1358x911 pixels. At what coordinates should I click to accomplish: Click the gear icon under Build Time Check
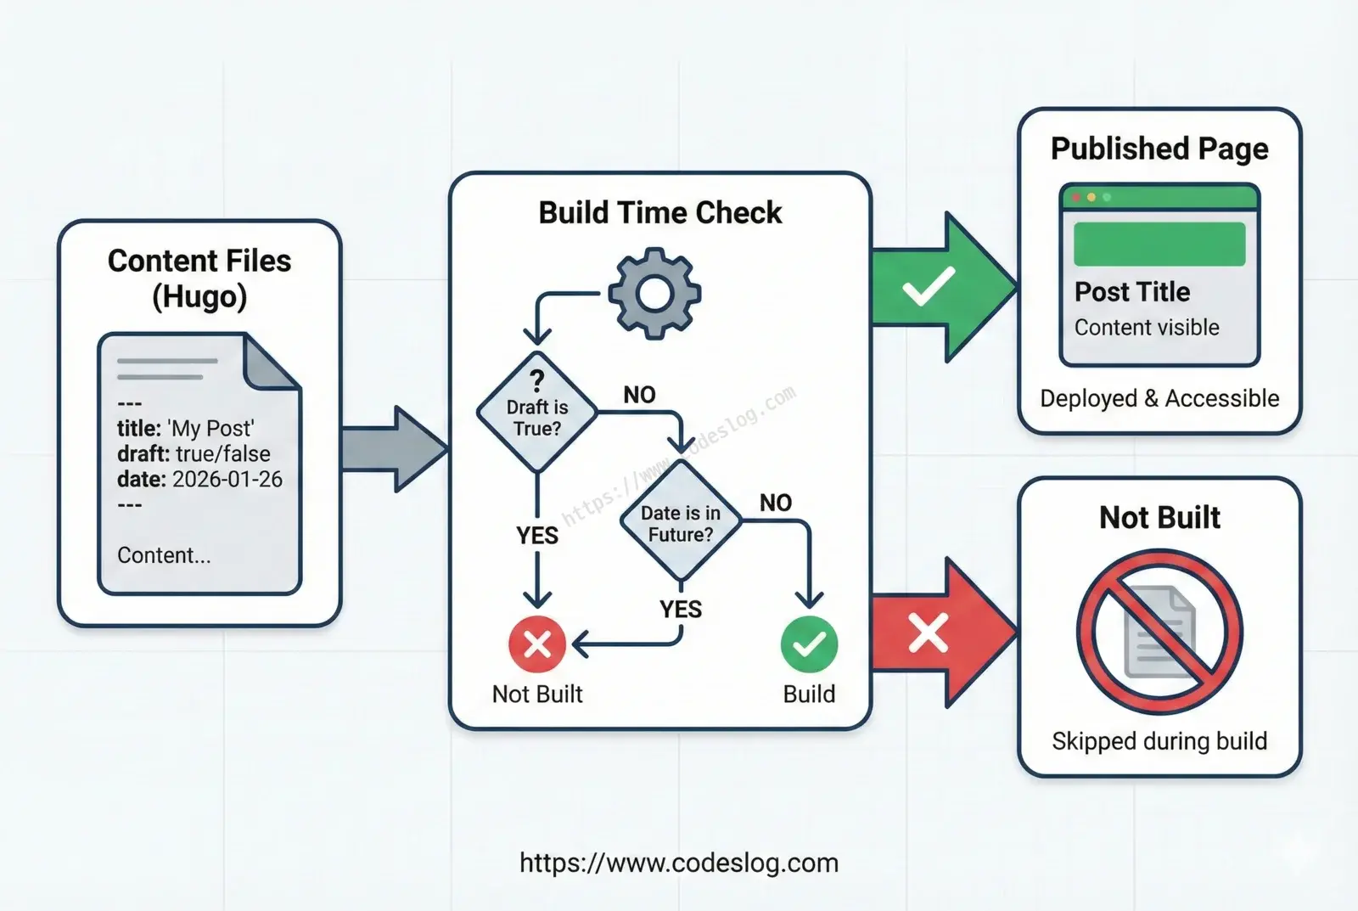654,294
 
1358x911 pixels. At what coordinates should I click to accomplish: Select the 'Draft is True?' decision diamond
537,412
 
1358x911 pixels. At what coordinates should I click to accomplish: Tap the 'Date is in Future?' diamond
681,520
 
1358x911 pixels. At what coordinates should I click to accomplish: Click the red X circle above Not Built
537,644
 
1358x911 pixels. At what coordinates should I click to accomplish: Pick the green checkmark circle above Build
810,644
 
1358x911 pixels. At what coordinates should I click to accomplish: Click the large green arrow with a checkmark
943,288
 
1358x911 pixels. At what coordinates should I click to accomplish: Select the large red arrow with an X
943,633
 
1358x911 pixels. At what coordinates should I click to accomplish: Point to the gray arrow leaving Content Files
395,449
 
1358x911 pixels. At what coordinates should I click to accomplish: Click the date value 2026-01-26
227,479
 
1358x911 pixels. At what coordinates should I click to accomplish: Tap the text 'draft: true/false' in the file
194,453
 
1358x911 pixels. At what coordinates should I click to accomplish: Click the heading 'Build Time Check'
660,213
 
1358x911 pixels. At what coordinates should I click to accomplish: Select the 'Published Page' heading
1159,149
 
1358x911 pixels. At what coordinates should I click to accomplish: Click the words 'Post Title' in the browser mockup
1132,292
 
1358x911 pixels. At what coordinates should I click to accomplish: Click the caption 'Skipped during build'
1159,741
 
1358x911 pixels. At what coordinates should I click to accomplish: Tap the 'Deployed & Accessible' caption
1159,398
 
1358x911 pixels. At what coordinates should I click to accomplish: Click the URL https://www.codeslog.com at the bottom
679,863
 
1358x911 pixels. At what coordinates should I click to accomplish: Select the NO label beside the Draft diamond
640,395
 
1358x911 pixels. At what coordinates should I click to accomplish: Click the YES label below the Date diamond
681,609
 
